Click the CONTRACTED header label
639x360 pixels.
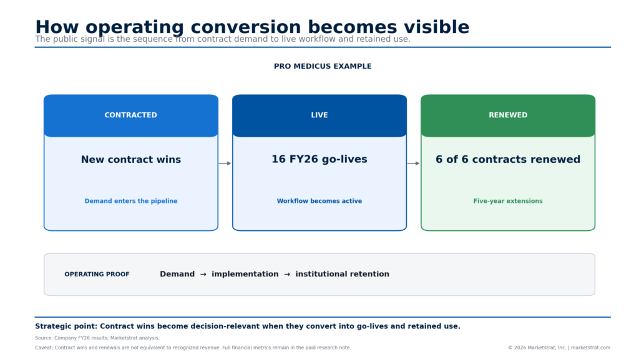131,115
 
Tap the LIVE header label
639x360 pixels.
319,115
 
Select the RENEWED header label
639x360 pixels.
508,115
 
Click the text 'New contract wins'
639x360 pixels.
131,160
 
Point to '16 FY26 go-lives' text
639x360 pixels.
319,159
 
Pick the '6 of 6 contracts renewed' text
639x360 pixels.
508,159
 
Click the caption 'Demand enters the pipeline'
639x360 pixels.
131,201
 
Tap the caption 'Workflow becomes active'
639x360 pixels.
319,201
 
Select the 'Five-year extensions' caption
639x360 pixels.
508,201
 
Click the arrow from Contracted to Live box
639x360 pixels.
225,163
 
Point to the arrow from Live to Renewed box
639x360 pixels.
413,163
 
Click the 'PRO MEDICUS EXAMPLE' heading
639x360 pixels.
323,66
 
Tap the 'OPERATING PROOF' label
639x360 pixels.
97,275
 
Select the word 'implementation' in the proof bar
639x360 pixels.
245,274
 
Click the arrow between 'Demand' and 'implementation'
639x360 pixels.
203,275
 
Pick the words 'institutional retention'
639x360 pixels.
343,274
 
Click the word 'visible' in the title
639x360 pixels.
436,27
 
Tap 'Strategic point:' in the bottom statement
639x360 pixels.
66,326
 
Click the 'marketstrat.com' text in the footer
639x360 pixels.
590,348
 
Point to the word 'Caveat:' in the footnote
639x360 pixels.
44,348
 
